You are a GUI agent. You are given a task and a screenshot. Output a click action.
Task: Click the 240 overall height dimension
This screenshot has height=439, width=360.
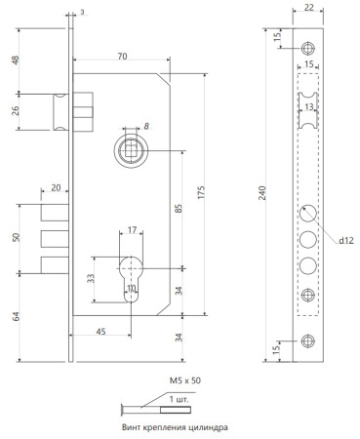(262, 193)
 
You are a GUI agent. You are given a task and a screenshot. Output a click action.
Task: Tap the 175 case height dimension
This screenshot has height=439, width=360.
(201, 192)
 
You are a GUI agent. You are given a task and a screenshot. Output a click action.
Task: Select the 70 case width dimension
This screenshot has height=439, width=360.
(122, 57)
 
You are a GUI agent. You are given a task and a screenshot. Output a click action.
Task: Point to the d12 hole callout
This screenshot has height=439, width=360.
(346, 241)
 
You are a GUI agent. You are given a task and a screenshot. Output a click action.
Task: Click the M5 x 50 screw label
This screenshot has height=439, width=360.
(185, 380)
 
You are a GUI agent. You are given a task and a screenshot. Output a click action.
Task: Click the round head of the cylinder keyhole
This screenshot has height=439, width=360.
(131, 268)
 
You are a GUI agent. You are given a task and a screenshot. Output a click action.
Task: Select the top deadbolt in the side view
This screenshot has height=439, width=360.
(55, 213)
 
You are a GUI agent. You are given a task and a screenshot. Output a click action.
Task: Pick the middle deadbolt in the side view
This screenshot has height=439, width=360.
(55, 239)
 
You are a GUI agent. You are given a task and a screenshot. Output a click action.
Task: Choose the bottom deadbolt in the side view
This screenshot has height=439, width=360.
(55, 265)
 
